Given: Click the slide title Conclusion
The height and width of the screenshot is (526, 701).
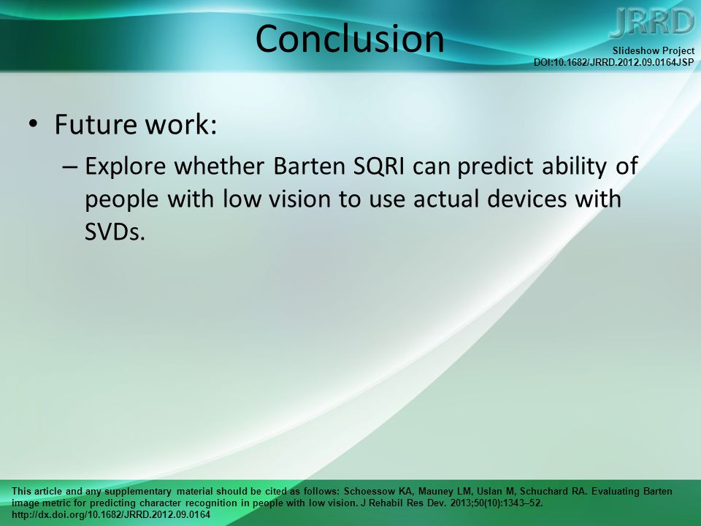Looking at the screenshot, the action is point(350,39).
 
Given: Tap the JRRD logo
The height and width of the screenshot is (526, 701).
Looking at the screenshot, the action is point(652,23).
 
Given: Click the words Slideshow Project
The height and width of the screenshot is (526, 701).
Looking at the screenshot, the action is point(653,51).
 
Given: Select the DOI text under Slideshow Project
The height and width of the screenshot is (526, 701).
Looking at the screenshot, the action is point(614,62).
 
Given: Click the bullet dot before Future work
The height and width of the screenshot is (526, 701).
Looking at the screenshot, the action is point(33,124).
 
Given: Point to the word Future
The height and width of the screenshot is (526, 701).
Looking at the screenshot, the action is point(95,124).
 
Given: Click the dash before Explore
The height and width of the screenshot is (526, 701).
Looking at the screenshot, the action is point(70,167).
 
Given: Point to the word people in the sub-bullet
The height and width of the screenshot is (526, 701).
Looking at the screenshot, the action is point(122,200).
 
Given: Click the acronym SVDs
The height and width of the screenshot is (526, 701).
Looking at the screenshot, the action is point(115,232).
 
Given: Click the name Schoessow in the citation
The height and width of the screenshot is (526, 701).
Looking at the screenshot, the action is point(369,491).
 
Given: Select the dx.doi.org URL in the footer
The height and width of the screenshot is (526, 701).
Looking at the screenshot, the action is point(111,514).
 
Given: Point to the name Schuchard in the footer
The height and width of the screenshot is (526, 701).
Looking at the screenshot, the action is point(543,491).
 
